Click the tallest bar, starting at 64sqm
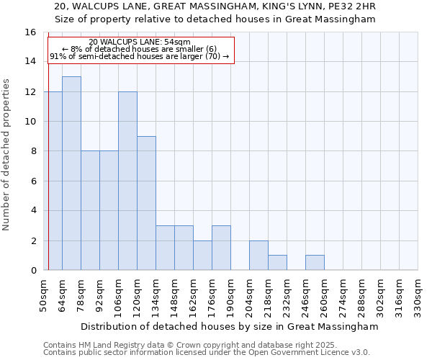(x=71, y=174)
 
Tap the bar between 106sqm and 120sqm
(x=127, y=181)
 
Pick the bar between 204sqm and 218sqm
(x=258, y=256)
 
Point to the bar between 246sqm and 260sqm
(x=315, y=263)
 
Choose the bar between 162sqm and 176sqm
(x=202, y=256)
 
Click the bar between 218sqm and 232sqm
(x=277, y=263)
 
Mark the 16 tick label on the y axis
(x=30, y=32)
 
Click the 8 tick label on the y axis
(x=33, y=151)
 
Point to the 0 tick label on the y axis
(x=33, y=271)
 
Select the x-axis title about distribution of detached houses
(x=230, y=327)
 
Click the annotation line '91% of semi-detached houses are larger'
(x=140, y=56)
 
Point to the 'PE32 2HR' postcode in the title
(x=356, y=6)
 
